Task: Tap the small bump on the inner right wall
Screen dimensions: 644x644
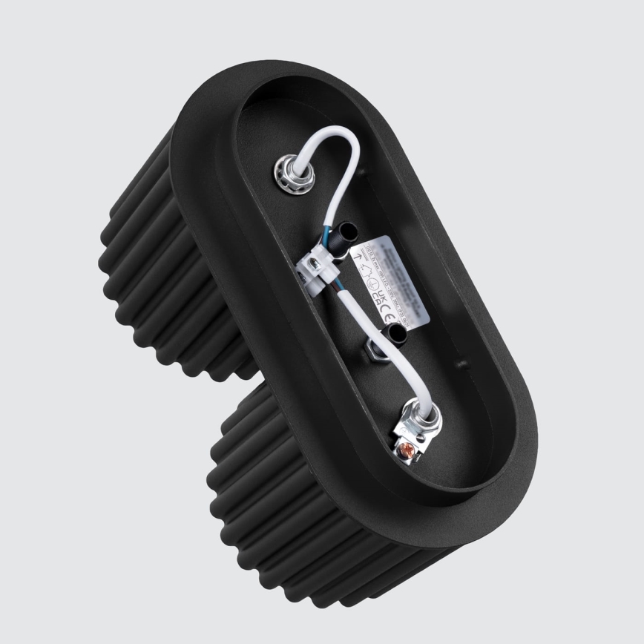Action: (461, 364)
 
